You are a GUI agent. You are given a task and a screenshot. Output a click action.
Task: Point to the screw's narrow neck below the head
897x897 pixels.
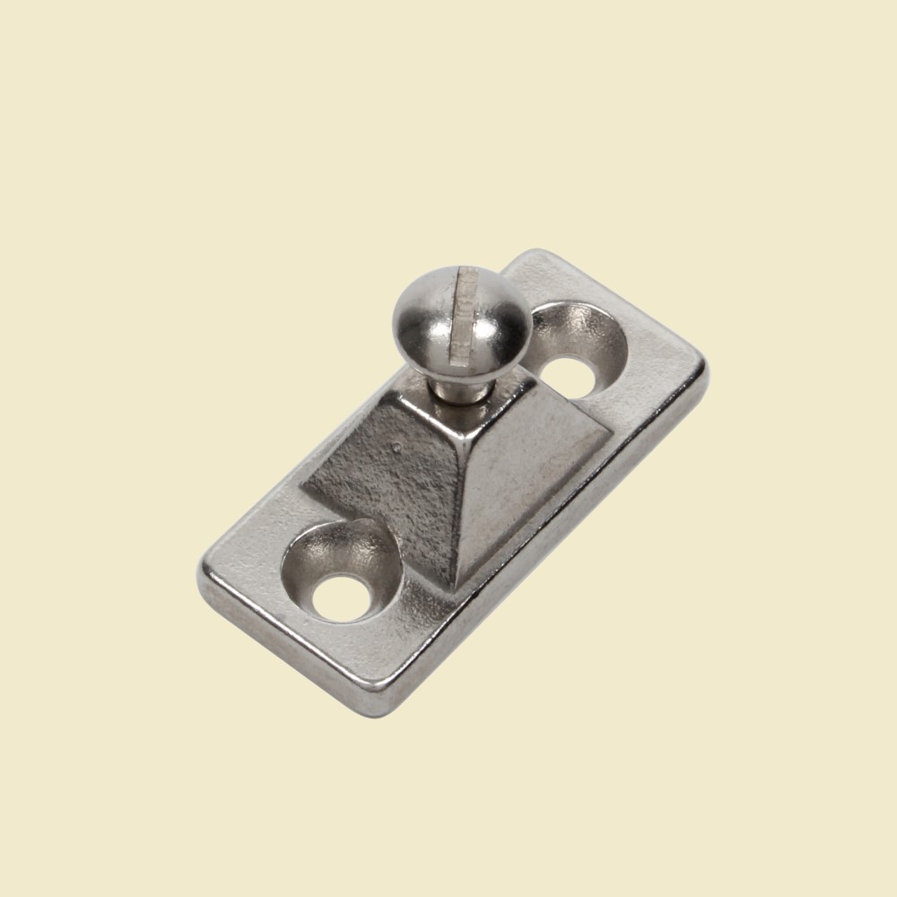pyautogui.click(x=453, y=387)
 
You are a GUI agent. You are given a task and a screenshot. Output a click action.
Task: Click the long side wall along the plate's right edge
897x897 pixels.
pyautogui.click(x=556, y=556)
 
